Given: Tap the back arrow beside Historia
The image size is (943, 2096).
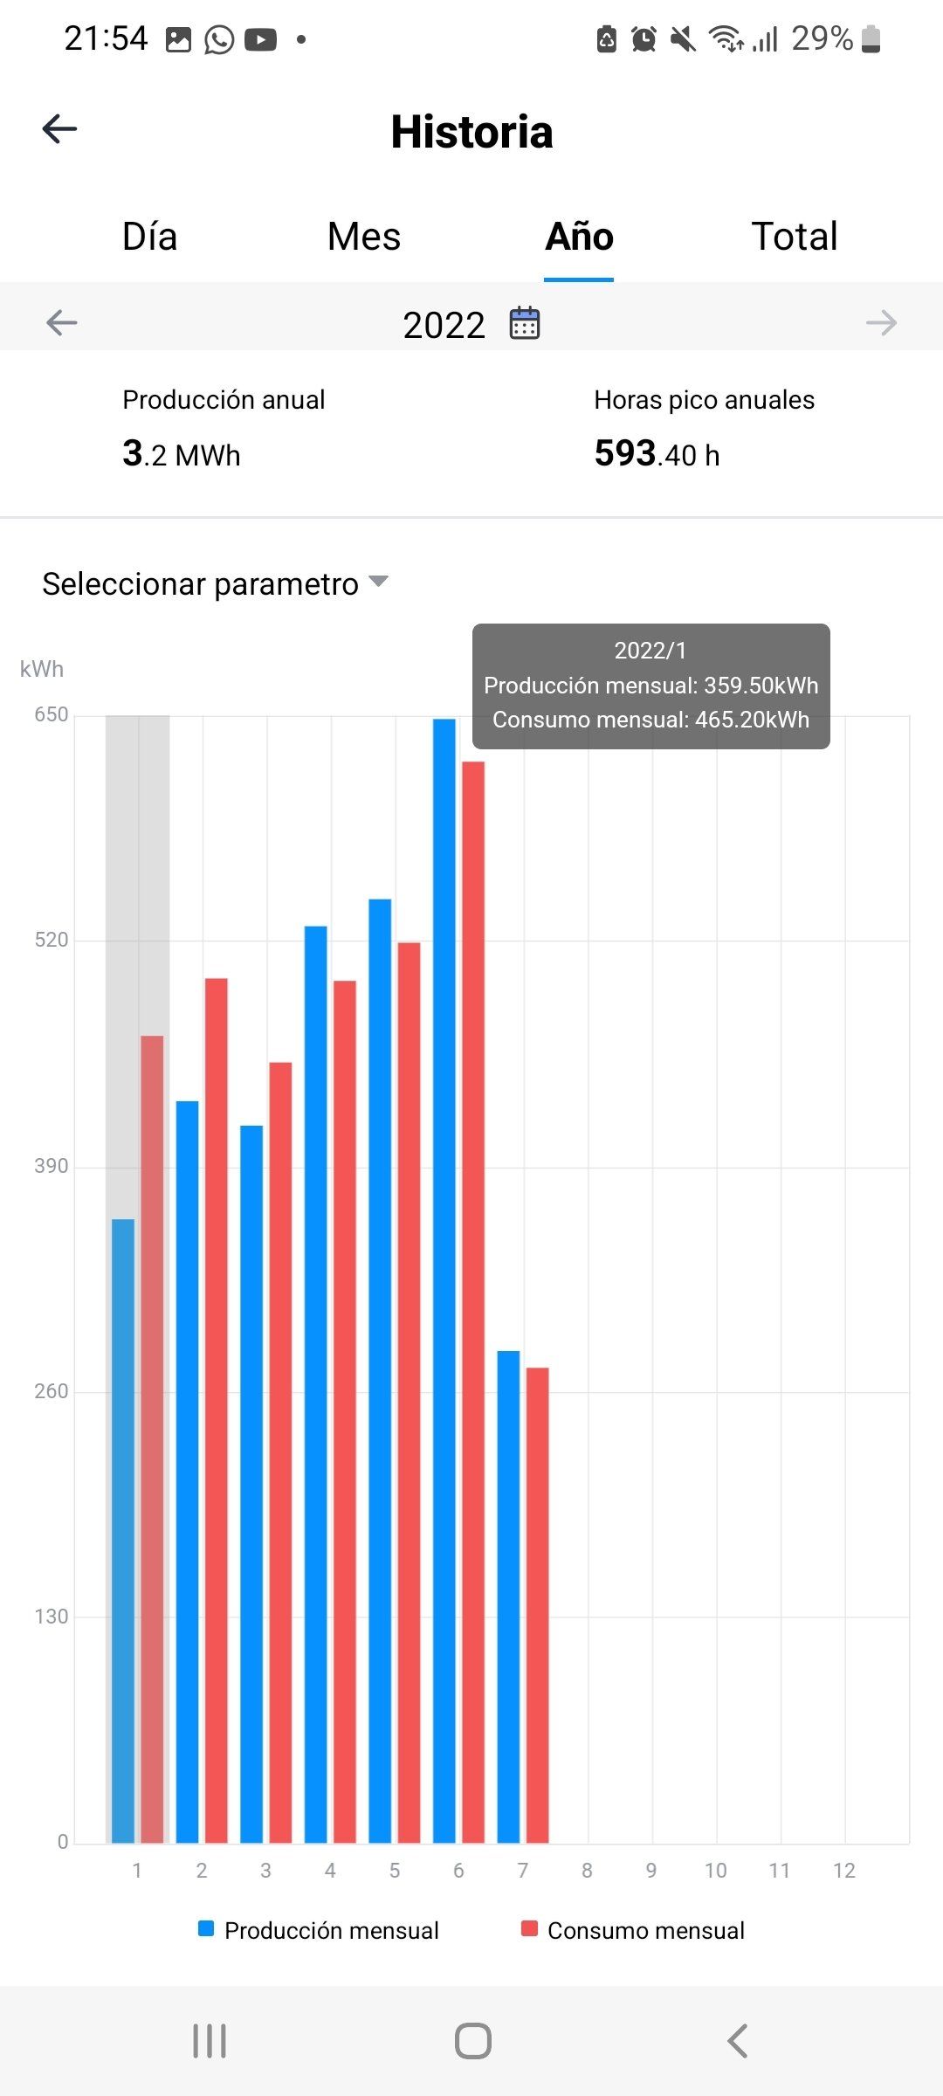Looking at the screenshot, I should tap(59, 129).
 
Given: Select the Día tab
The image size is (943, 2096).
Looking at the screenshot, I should tap(150, 237).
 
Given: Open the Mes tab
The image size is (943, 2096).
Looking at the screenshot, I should tap(364, 237).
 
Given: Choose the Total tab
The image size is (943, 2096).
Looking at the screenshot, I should tap(795, 237).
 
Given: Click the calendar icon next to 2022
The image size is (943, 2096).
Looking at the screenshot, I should tap(525, 323).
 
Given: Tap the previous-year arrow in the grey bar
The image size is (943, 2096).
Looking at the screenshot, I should tap(62, 323).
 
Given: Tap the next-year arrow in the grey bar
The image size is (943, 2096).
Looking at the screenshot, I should tap(881, 323).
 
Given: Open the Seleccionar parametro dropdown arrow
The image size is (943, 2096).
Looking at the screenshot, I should tap(378, 582).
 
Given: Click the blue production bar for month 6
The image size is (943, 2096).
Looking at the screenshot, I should tap(444, 1275).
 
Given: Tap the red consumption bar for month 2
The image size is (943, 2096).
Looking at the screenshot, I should tap(217, 1406).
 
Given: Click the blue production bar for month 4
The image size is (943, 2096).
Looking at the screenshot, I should tap(316, 1380).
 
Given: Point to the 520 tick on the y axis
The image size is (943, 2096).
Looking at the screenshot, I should tap(51, 940).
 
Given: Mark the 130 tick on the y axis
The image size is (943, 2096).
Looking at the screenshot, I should tap(51, 1617).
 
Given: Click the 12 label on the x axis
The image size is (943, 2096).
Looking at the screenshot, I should tap(844, 1871).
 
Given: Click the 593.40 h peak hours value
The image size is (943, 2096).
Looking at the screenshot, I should tap(657, 454).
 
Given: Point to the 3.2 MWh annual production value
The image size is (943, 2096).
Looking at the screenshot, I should tap(182, 454).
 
